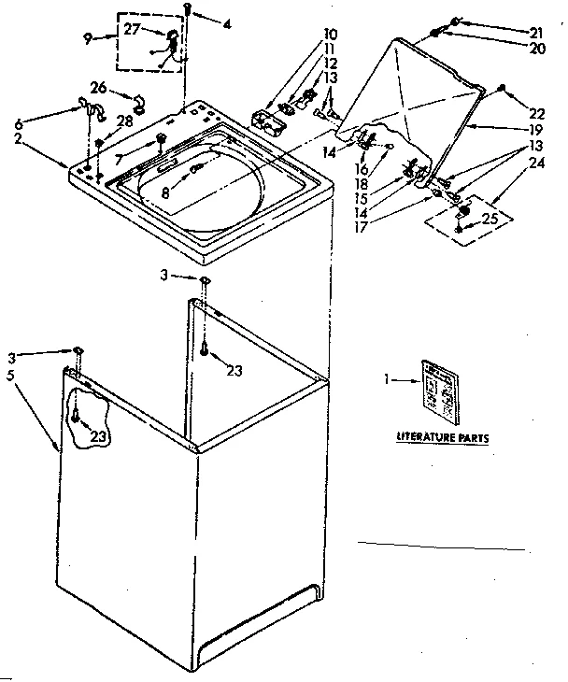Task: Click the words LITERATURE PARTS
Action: point(442,437)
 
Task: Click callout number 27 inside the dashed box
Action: point(132,29)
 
